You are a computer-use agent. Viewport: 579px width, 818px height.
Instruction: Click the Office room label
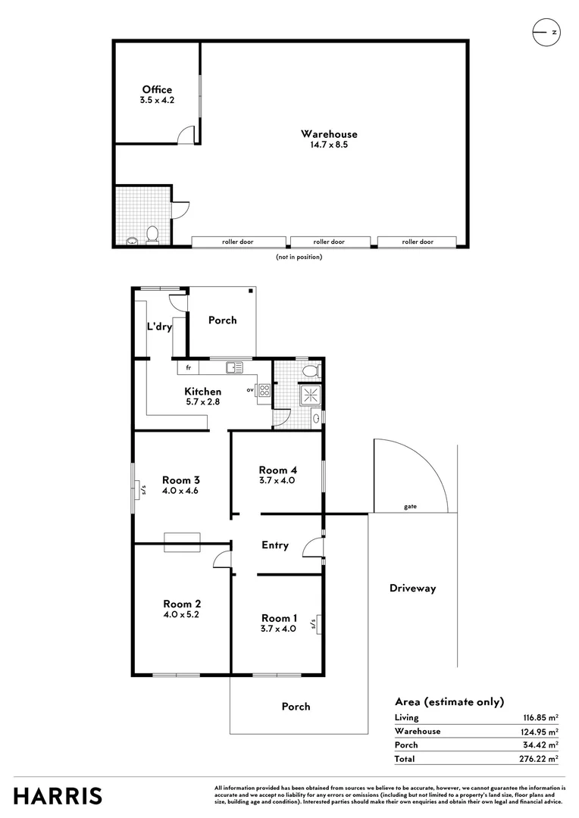[x=157, y=89]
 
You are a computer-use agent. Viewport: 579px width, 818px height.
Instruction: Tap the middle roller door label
[x=329, y=242]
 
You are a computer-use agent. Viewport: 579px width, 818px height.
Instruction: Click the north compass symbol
[x=546, y=33]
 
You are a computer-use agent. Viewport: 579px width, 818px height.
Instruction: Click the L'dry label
[x=160, y=327]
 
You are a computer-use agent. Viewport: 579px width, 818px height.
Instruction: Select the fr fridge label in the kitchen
[x=187, y=368]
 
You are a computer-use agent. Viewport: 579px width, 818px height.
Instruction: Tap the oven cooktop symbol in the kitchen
[x=264, y=391]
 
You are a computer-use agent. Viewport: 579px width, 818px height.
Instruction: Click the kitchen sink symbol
[x=233, y=367]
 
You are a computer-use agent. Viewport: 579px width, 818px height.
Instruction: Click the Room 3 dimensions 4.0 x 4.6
[x=181, y=491]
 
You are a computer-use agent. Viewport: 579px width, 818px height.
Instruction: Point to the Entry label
[x=275, y=545]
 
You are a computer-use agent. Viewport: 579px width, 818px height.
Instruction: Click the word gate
[x=410, y=507]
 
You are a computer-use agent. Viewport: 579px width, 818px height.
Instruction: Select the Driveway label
[x=412, y=588]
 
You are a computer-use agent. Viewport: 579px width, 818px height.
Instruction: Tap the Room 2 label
[x=182, y=604]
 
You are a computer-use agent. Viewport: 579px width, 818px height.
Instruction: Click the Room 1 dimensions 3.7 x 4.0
[x=278, y=629]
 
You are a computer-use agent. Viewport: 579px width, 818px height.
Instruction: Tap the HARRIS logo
[x=58, y=796]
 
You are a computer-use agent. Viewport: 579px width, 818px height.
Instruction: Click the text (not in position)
[x=299, y=257]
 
